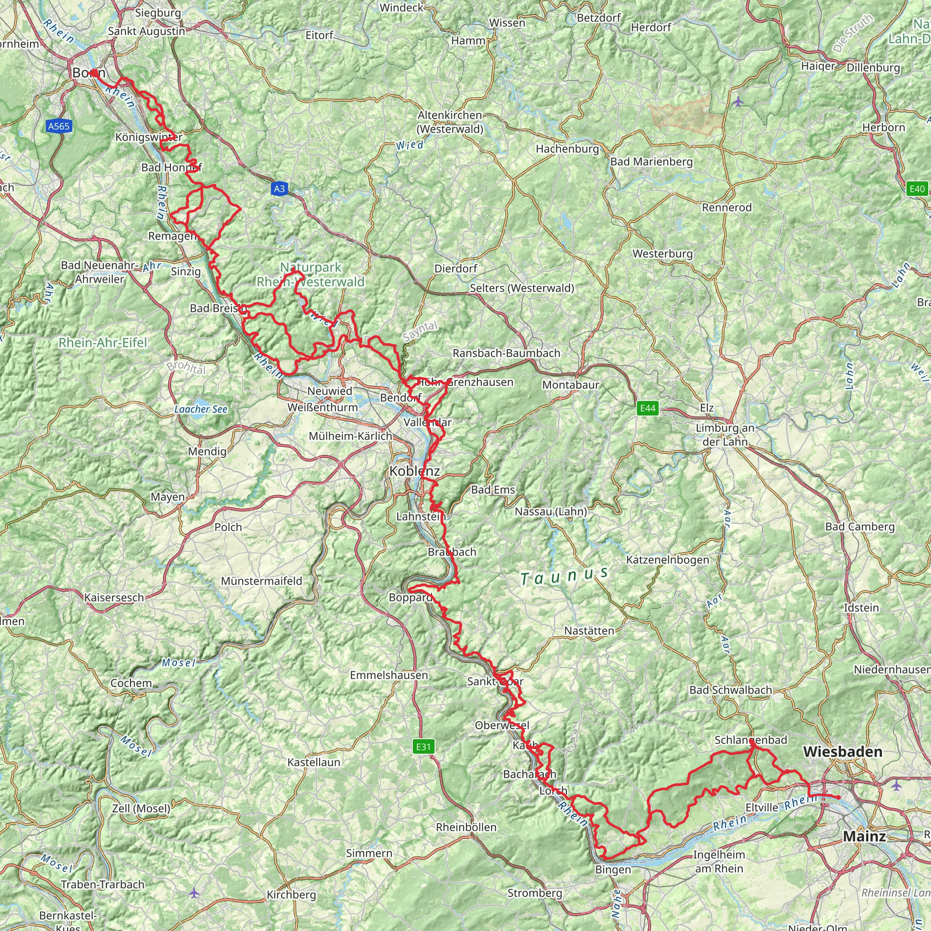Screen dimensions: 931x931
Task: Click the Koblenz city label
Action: (415, 471)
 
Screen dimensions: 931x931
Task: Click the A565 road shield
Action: (59, 126)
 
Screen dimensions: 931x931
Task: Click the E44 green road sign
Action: (647, 408)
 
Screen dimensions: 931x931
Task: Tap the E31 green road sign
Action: (423, 746)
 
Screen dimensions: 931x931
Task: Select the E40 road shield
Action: (916, 188)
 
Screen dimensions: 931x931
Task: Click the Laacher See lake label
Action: (200, 409)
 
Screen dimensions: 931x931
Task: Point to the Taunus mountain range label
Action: (564, 576)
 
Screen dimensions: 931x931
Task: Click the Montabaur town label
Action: (571, 385)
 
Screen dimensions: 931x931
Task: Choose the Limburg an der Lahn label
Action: (725, 435)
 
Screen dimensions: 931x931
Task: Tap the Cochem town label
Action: (131, 683)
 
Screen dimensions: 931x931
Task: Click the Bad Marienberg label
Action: (651, 161)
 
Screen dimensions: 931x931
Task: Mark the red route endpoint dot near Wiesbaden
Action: (838, 797)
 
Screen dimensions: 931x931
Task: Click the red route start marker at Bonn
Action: (95, 73)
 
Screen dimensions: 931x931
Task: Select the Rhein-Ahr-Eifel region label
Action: (103, 343)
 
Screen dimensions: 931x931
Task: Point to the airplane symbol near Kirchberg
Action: (194, 893)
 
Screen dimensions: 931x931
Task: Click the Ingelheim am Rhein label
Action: (719, 861)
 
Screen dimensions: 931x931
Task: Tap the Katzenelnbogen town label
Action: (667, 560)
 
